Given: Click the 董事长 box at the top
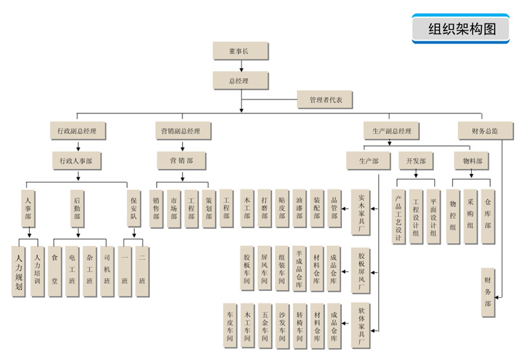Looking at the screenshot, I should [x=240, y=52].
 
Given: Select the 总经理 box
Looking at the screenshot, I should [x=240, y=81].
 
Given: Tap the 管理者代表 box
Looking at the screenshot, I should [x=325, y=100].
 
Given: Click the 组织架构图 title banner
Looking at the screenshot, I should [x=462, y=28].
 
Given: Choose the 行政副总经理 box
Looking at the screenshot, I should [x=77, y=131].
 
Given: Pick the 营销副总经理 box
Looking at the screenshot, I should [x=181, y=131].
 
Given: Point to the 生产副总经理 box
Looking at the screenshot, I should [x=391, y=131].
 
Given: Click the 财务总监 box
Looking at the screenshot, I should [x=483, y=131].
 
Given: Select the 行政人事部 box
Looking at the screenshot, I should [x=77, y=160].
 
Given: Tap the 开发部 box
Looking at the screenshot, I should [x=415, y=160].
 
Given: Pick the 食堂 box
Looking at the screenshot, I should [x=55, y=272].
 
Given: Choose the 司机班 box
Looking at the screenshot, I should [x=107, y=272].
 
